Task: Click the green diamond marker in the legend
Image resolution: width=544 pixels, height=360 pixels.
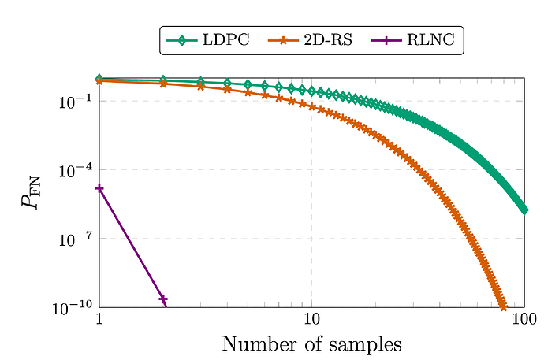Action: [181, 39]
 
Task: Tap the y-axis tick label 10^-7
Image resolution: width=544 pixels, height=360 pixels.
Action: [76, 239]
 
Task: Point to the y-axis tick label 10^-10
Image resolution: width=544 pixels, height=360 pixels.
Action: [73, 308]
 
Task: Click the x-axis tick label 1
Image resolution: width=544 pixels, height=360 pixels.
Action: [99, 321]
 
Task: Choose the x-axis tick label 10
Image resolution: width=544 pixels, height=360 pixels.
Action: [312, 321]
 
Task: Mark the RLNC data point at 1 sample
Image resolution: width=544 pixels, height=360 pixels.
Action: [99, 188]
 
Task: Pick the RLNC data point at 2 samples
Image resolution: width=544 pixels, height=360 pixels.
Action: [163, 299]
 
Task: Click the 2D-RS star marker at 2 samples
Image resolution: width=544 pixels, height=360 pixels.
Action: [163, 83]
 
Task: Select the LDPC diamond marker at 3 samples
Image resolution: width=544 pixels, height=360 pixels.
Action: [200, 81]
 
